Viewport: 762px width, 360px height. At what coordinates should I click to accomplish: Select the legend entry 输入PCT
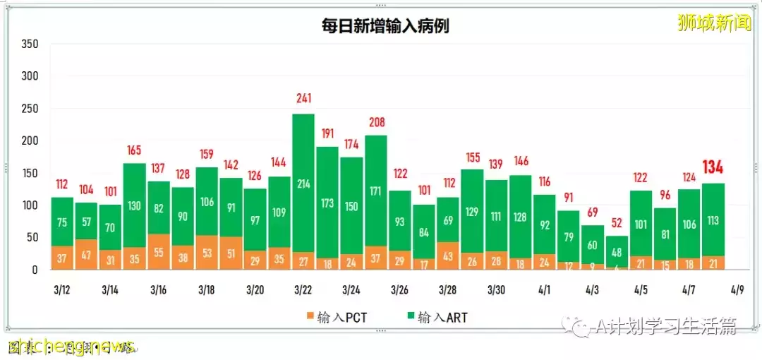coord(334,317)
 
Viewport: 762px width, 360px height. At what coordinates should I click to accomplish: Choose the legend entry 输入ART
coord(435,317)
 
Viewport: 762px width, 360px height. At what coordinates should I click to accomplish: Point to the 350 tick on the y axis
coord(30,44)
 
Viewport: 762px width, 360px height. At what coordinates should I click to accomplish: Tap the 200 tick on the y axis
coord(30,140)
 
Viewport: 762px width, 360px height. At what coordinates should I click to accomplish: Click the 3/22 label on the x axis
coord(303,290)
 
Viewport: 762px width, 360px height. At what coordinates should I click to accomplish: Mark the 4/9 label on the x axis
coord(737,290)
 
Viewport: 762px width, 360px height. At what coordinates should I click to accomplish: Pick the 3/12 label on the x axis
coord(62,290)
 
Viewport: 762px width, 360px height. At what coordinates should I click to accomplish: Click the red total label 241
coord(303,99)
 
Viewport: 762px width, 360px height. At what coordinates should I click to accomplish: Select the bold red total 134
coord(713,167)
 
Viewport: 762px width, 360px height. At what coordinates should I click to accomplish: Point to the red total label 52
coord(617,222)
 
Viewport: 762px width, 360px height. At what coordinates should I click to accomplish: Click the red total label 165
coord(134,150)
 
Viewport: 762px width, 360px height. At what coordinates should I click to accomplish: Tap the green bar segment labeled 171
coord(375,191)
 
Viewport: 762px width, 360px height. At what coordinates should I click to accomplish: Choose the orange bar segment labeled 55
coord(158,252)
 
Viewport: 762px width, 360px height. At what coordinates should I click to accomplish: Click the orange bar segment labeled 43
coord(447,256)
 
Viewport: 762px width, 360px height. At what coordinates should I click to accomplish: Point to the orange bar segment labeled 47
coord(86,255)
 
